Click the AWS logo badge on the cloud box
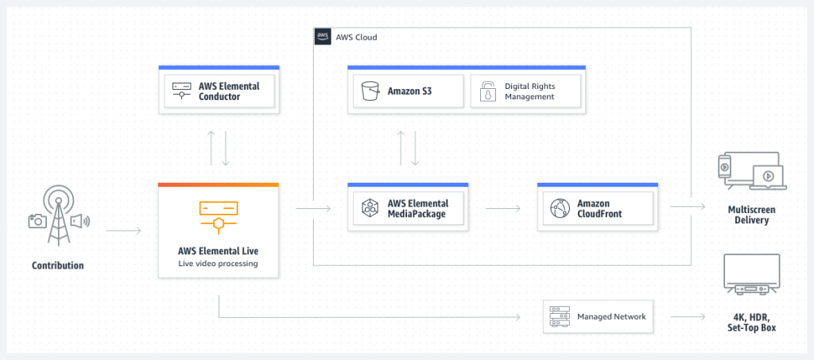click(323, 37)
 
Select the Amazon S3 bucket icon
click(369, 91)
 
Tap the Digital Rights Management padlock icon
click(486, 91)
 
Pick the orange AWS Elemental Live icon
click(218, 213)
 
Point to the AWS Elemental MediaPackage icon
click(369, 209)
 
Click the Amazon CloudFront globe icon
click(560, 209)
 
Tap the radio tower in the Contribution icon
click(57, 215)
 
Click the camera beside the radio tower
click(37, 221)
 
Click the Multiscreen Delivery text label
click(751, 214)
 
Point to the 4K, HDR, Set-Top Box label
click(751, 321)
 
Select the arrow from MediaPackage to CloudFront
click(502, 209)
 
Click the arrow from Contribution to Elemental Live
click(123, 231)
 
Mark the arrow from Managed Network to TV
click(688, 316)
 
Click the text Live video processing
click(218, 263)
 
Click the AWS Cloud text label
click(357, 37)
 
